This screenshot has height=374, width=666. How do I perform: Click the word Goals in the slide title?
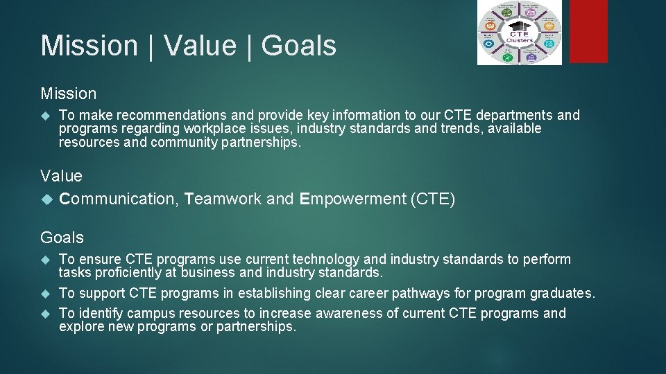click(299, 46)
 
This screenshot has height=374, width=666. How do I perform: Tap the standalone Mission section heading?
click(69, 93)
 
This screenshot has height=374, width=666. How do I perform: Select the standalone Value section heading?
click(61, 176)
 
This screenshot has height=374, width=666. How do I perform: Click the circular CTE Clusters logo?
click(520, 32)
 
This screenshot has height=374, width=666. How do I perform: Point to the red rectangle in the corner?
click(588, 32)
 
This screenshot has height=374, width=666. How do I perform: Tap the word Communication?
click(119, 199)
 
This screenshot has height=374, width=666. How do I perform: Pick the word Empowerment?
click(353, 199)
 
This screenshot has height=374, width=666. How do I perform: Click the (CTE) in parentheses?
click(433, 199)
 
